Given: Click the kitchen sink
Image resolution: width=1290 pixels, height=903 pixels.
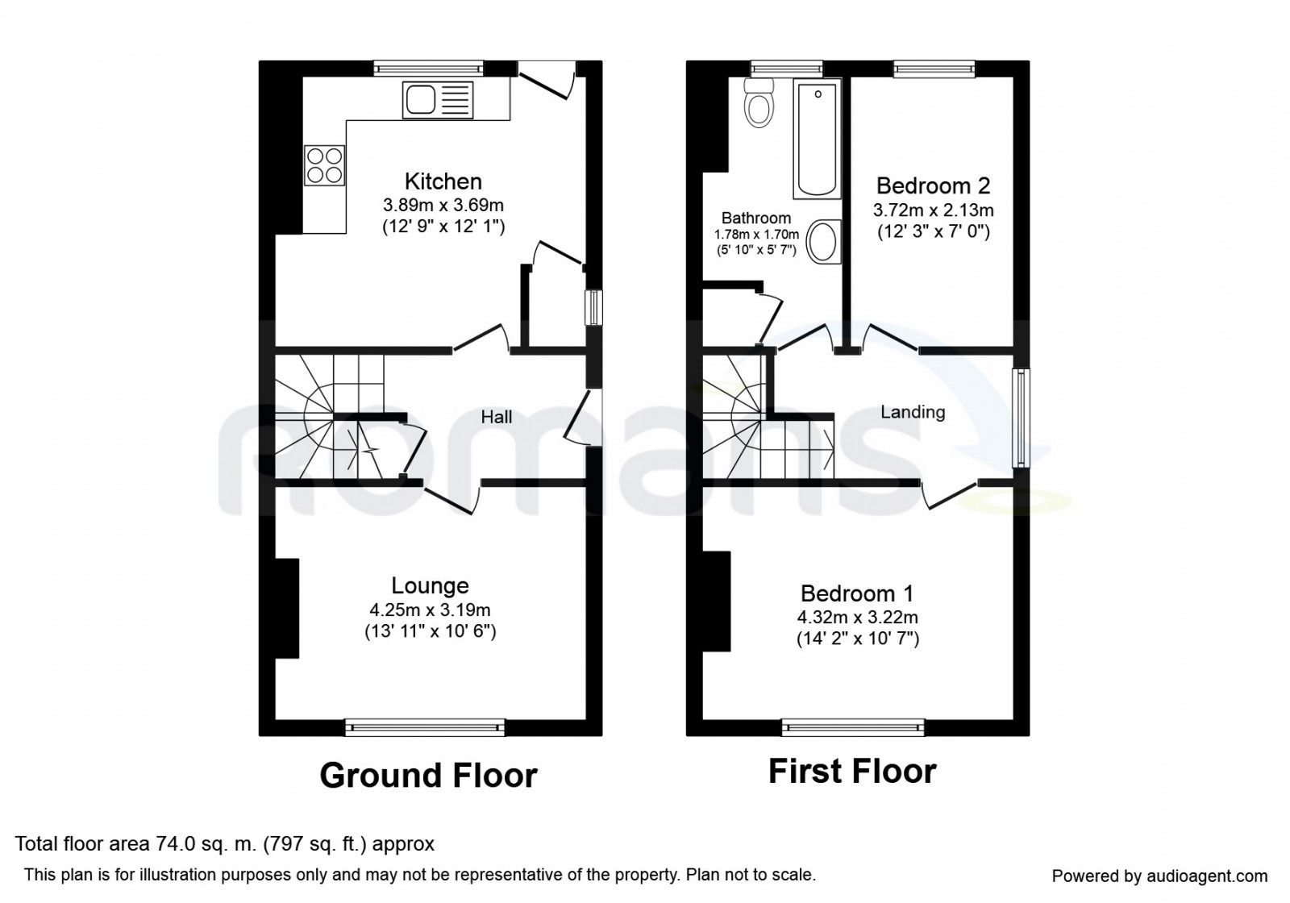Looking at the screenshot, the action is (438, 100).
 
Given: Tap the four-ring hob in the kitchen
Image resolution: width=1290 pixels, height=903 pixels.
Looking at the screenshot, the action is (325, 165).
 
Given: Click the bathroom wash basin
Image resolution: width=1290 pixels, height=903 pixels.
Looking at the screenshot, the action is (823, 242).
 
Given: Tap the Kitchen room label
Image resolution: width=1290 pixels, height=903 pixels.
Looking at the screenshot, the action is (443, 181).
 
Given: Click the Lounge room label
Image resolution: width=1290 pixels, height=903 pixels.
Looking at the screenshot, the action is (431, 585).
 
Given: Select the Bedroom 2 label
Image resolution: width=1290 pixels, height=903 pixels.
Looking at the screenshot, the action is (933, 186).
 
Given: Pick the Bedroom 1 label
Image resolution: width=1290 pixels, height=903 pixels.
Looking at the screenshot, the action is (857, 593).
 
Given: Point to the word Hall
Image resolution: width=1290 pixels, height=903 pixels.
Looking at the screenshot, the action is (497, 417).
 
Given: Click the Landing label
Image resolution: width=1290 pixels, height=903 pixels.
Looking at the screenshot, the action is (913, 412).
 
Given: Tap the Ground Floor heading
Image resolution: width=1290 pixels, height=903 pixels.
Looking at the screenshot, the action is (428, 776).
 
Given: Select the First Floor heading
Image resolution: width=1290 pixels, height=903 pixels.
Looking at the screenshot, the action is (852, 771).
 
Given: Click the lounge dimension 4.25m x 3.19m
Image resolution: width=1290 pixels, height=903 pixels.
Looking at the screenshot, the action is (431, 610).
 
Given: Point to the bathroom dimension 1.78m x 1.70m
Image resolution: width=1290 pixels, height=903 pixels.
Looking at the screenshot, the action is (756, 235).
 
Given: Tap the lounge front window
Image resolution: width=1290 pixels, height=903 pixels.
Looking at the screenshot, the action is (425, 727).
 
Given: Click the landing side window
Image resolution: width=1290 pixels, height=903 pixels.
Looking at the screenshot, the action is (1021, 418).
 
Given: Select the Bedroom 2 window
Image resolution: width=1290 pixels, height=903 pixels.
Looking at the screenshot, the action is (934, 69).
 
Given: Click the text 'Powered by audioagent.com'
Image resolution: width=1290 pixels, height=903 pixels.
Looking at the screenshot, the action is (1160, 876).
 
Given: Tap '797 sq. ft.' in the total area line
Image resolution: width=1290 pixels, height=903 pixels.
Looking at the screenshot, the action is (317, 844).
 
